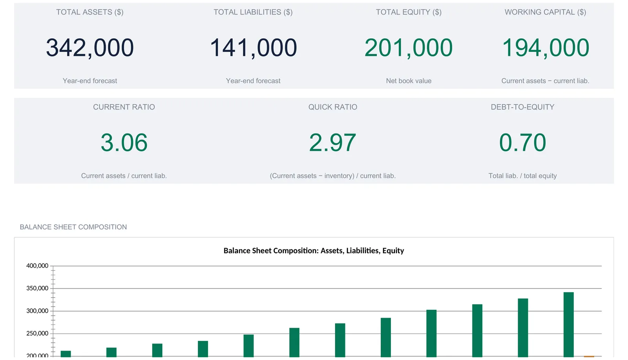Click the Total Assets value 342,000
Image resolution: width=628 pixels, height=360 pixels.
pyautogui.click(x=90, y=48)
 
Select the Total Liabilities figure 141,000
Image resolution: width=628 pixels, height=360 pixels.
pyautogui.click(x=253, y=48)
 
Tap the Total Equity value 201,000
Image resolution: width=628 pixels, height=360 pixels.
pyautogui.click(x=409, y=48)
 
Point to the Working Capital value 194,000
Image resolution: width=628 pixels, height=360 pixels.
pyautogui.click(x=545, y=48)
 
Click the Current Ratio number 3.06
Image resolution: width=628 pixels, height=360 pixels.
pyautogui.click(x=124, y=143)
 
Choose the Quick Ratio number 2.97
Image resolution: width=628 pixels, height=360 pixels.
pyautogui.click(x=332, y=143)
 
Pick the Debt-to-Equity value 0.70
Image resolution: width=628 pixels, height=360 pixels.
pyautogui.click(x=522, y=143)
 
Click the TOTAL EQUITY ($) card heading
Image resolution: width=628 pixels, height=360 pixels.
pyautogui.click(x=409, y=12)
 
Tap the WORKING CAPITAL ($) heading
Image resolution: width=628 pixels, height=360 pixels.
pyautogui.click(x=545, y=12)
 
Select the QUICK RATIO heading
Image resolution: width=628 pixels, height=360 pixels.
pyautogui.click(x=332, y=107)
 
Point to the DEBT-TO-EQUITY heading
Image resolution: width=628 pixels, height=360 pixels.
pyautogui.click(x=522, y=107)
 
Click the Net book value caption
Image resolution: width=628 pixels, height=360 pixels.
pyautogui.click(x=409, y=81)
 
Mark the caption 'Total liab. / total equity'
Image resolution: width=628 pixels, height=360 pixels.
pyautogui.click(x=522, y=176)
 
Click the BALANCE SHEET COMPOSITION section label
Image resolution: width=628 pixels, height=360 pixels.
pyautogui.click(x=73, y=227)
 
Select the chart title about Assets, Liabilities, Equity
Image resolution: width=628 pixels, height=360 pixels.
pyautogui.click(x=314, y=250)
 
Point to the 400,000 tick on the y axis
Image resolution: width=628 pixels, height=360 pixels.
pyautogui.click(x=37, y=265)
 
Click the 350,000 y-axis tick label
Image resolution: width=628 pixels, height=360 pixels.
pyautogui.click(x=37, y=288)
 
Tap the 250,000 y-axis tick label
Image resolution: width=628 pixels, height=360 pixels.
pyautogui.click(x=37, y=333)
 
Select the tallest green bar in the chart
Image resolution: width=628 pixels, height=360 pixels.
pyautogui.click(x=569, y=325)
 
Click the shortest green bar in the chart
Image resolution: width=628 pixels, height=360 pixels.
pyautogui.click(x=66, y=354)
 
